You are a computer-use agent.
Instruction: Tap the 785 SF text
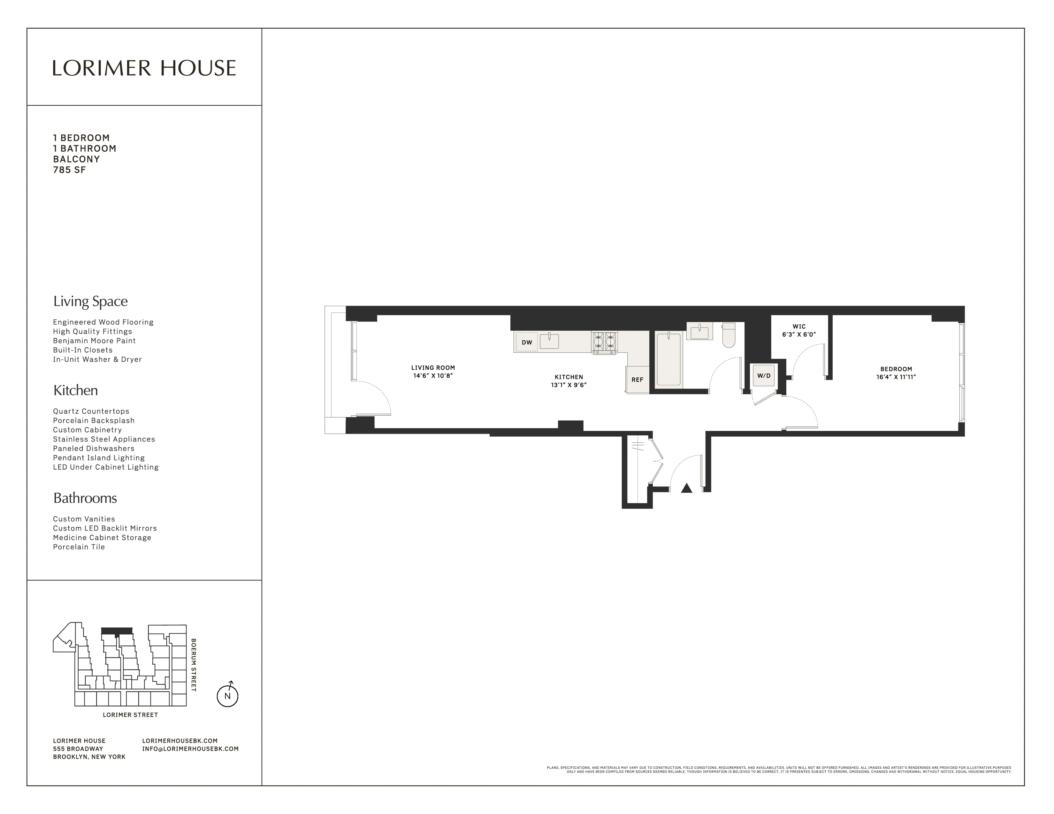pyautogui.click(x=70, y=170)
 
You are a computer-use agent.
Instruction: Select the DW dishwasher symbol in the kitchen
pyautogui.click(x=526, y=343)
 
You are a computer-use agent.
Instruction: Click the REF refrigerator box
pyautogui.click(x=637, y=380)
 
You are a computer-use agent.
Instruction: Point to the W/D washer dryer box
pyautogui.click(x=763, y=376)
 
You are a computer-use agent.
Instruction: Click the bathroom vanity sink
pyautogui.click(x=699, y=332)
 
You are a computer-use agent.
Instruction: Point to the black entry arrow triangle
pyautogui.click(x=686, y=488)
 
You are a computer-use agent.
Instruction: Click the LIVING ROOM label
pyautogui.click(x=433, y=367)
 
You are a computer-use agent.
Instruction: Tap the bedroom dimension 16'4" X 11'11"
pyautogui.click(x=896, y=377)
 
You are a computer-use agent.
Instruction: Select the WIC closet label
pyautogui.click(x=799, y=327)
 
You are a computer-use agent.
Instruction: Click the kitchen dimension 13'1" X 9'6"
pyautogui.click(x=569, y=385)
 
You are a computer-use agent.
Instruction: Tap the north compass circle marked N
pyautogui.click(x=227, y=696)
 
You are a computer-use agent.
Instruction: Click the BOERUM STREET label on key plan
pyautogui.click(x=194, y=665)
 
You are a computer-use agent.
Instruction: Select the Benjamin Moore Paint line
pyautogui.click(x=94, y=341)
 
